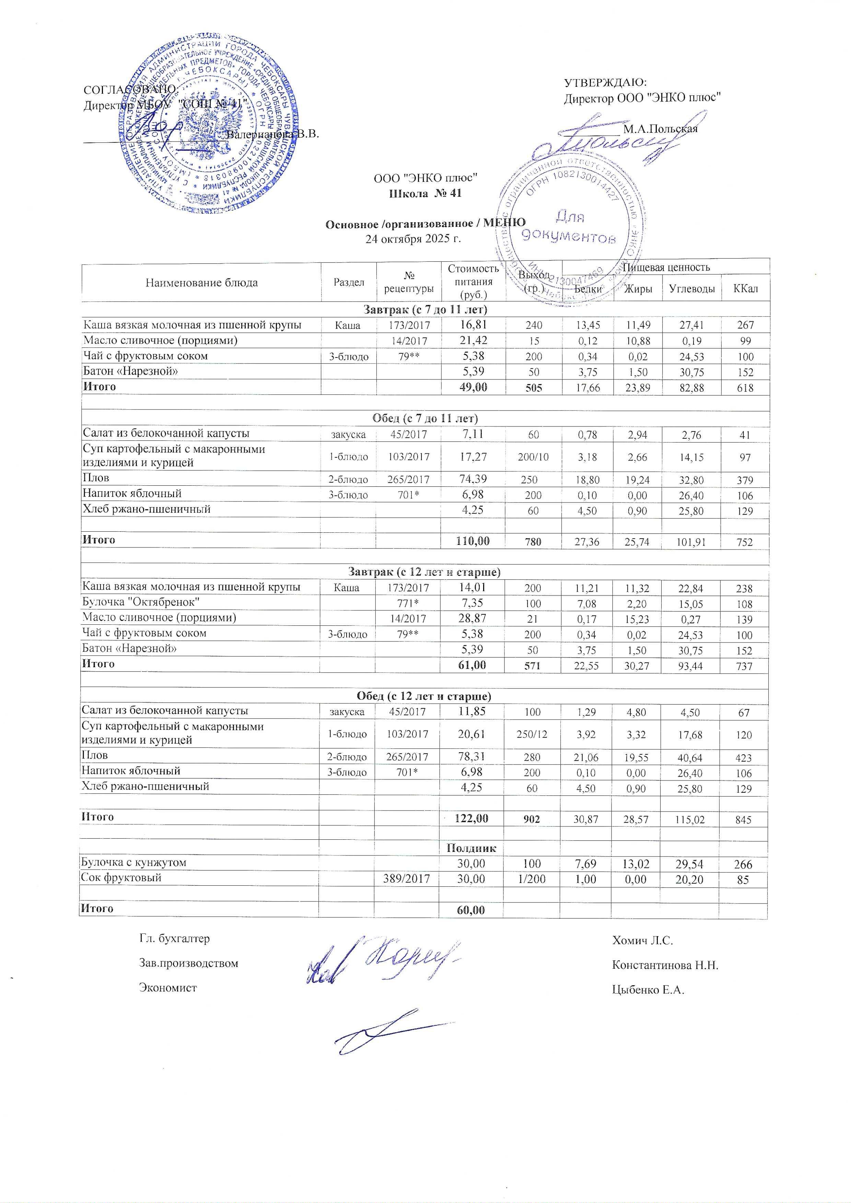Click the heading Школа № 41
[x=424, y=193]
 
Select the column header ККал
[x=746, y=289]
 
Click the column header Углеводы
[x=692, y=289]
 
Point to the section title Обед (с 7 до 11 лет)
[x=425, y=418]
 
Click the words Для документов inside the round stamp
[x=570, y=226]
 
